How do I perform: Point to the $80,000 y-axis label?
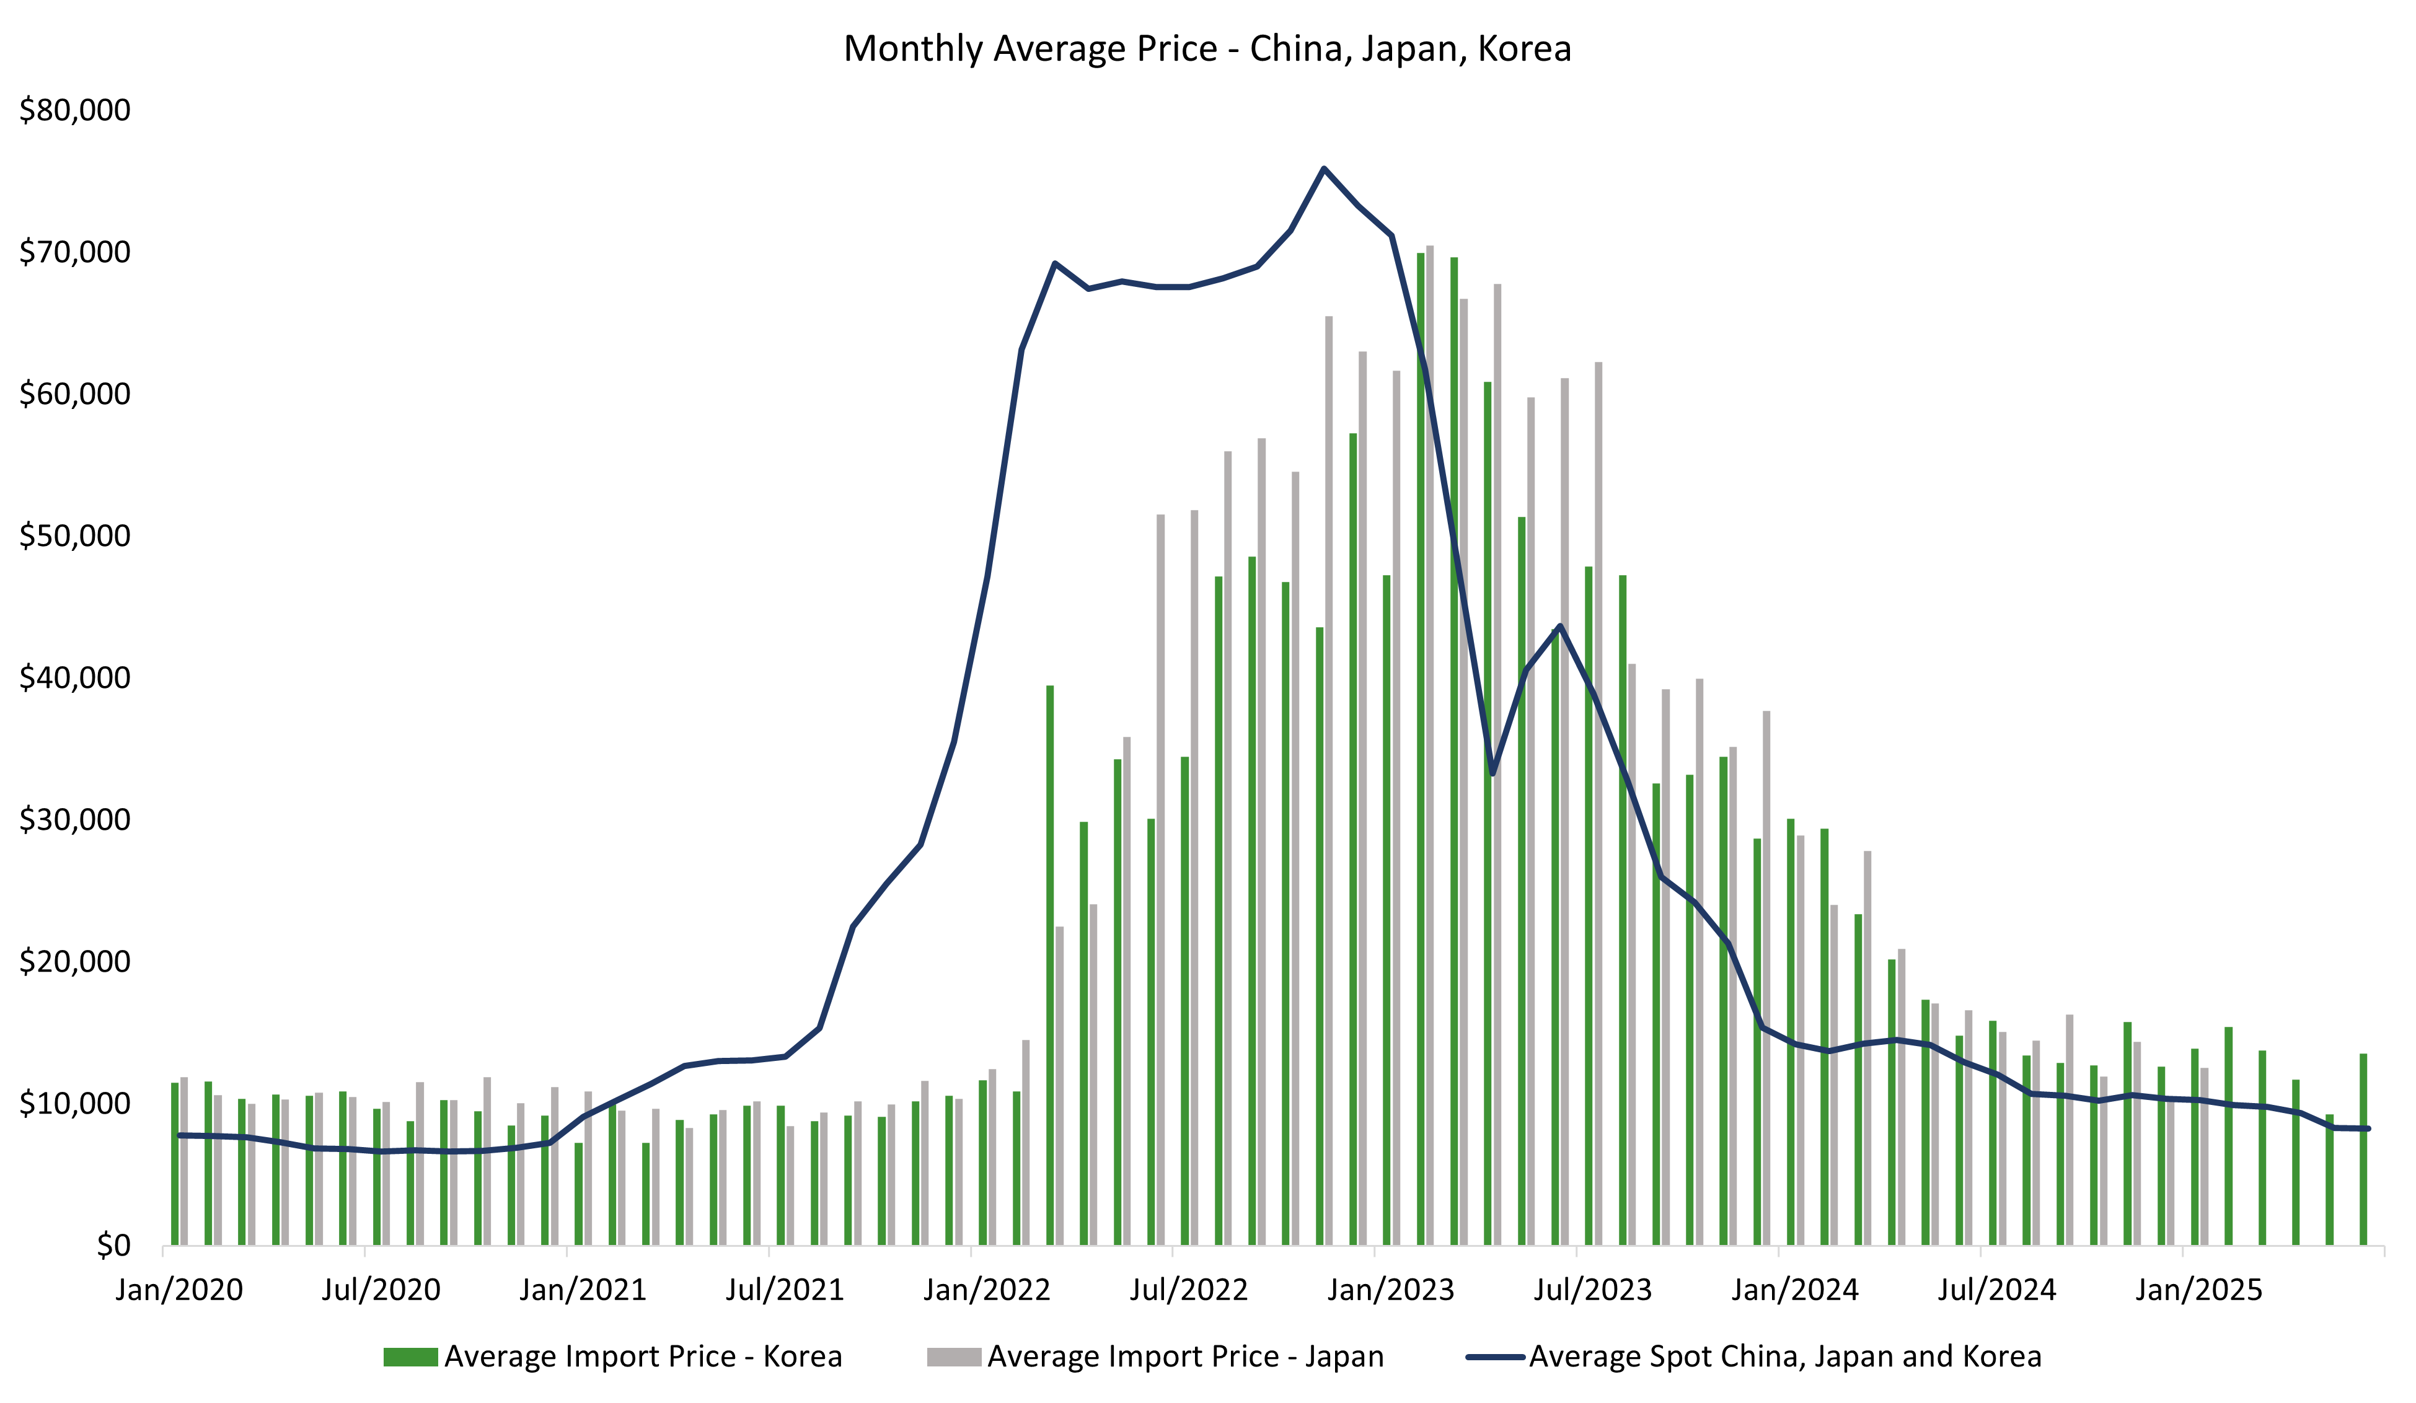(x=75, y=110)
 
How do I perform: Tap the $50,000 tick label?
(x=75, y=535)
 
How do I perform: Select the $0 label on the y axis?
(x=113, y=1245)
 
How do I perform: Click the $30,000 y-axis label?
(x=75, y=819)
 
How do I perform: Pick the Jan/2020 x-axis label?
(x=179, y=1290)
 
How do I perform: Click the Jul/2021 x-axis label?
(x=784, y=1290)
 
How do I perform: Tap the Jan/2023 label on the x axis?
(x=1390, y=1290)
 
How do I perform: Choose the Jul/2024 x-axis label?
(x=1996, y=1290)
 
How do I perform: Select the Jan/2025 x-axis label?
(x=2198, y=1290)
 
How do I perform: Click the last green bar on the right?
(x=2363, y=1150)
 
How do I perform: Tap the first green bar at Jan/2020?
(x=175, y=1164)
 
